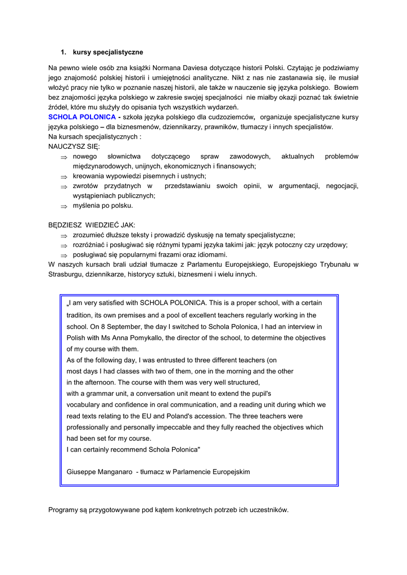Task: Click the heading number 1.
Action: tap(64, 52)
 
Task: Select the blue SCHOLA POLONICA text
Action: tap(82, 117)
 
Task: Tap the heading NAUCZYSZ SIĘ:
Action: tap(74, 146)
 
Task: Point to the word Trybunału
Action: tap(329, 264)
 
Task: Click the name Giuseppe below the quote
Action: tap(82, 472)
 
